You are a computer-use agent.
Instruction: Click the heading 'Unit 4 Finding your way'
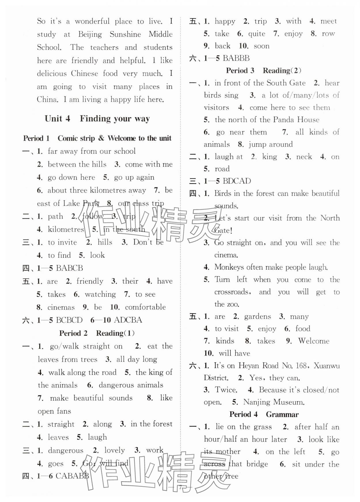click(97, 119)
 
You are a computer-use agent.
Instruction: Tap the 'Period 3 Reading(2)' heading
click(264, 71)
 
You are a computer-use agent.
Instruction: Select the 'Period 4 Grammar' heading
click(264, 414)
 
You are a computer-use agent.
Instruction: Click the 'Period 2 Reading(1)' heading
click(97, 333)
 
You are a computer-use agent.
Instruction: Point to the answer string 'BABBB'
click(236, 58)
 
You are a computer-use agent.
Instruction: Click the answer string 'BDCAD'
click(237, 181)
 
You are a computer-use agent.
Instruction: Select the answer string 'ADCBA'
click(128, 320)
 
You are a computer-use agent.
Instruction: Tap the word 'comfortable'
click(145, 307)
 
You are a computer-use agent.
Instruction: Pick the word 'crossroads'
click(232, 292)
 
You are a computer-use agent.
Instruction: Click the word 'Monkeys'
click(229, 267)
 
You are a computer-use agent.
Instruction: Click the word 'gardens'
click(257, 317)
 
